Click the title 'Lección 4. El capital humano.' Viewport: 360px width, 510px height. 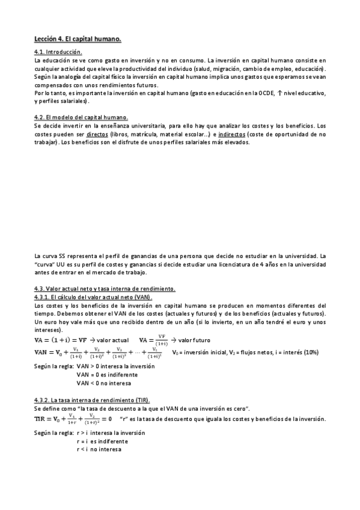[78, 40]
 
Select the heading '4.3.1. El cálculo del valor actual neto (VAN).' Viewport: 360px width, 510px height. [94, 298]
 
